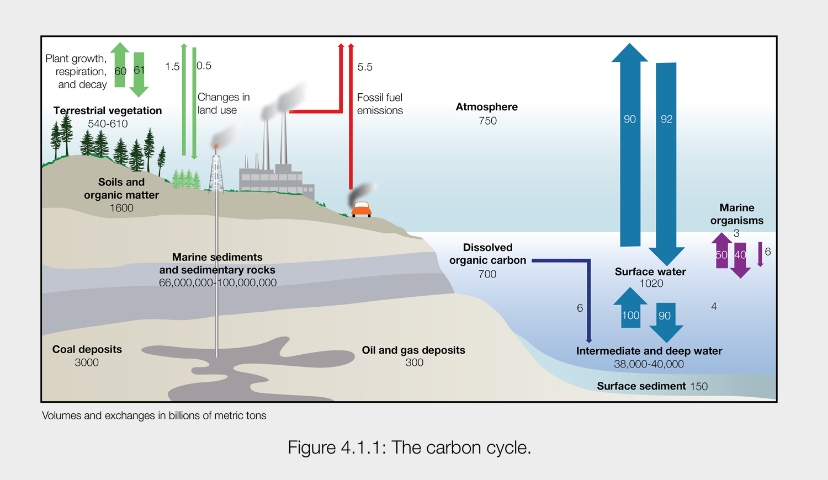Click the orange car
coord(361,209)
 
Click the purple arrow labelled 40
coord(740,258)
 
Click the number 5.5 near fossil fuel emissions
coord(365,67)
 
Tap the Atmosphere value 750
coord(487,121)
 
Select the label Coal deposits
coord(87,349)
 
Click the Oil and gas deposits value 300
coord(414,362)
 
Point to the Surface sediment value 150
coord(698,387)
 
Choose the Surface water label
coord(650,271)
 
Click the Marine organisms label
coord(737,214)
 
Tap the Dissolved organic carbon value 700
coord(487,274)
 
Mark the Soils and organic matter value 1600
coord(121,208)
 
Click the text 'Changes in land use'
coord(223,104)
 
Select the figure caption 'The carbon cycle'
coord(409,447)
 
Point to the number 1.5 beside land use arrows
coord(172,67)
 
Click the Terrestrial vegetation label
coord(108,110)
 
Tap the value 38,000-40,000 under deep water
coord(649,364)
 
